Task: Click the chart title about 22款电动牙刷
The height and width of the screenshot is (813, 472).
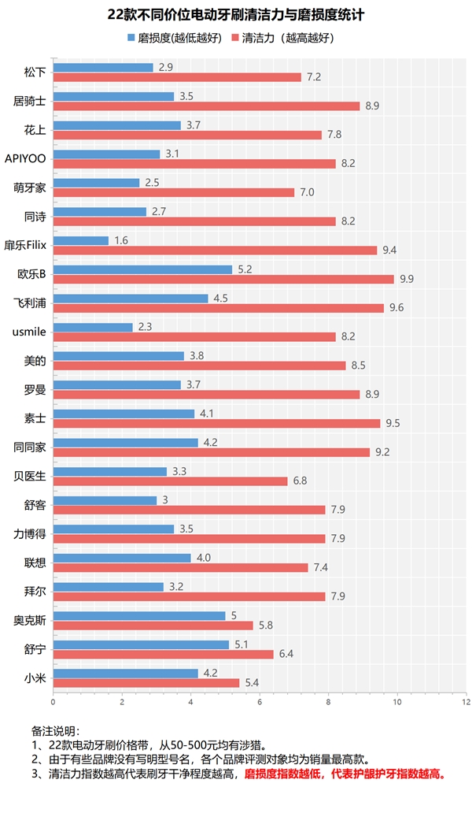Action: point(236,15)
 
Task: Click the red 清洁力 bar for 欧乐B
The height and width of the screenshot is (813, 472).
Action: point(223,279)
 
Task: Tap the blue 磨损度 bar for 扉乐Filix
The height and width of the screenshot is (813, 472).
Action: point(80,240)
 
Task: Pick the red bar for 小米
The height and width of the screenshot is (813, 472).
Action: point(146,682)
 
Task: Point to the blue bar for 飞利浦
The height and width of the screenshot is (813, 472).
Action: point(130,298)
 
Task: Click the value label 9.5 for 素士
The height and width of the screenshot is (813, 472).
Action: point(393,423)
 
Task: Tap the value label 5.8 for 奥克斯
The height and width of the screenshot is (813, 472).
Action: point(265,625)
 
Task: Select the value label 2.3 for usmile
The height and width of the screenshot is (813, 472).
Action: point(144,327)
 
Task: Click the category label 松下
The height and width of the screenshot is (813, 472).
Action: point(35,72)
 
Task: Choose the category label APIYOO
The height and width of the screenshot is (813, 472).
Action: point(25,159)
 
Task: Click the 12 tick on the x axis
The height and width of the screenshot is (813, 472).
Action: point(466,701)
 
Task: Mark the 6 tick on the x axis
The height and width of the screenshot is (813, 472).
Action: point(260,701)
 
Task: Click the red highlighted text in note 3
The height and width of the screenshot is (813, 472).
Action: point(345,774)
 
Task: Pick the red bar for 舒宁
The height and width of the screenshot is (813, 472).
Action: point(163,654)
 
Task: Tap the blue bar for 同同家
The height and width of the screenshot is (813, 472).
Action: point(125,443)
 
